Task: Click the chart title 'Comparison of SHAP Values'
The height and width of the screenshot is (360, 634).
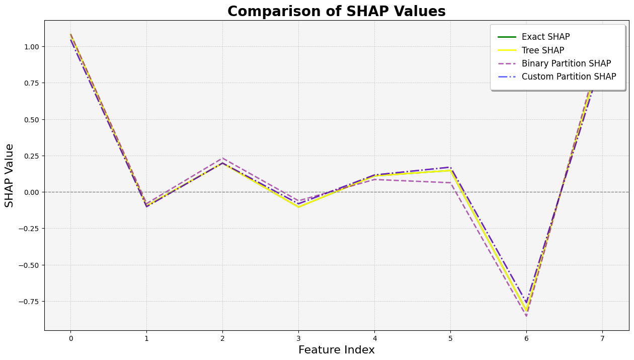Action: tap(336, 11)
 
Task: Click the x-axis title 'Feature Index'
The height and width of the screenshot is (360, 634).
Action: tap(336, 350)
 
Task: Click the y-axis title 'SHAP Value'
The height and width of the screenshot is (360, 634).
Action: tap(10, 175)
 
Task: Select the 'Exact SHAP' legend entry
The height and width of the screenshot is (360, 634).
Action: tap(545, 37)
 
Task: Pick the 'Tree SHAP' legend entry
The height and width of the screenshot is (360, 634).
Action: tap(542, 50)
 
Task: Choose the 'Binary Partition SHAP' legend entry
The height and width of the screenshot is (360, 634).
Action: tap(566, 63)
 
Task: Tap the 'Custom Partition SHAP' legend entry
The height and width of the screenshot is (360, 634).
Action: tap(569, 77)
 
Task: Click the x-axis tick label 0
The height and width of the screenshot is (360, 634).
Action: tap(70, 338)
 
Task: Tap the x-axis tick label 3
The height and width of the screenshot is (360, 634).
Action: tap(298, 338)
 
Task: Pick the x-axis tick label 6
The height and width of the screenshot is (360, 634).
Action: tap(526, 338)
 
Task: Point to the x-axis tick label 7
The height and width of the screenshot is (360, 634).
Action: tap(602, 338)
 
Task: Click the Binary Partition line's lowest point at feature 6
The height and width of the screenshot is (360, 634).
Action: tap(526, 316)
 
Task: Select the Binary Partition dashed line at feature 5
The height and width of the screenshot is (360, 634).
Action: tap(450, 183)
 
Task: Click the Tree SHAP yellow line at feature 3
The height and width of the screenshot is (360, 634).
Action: tap(298, 207)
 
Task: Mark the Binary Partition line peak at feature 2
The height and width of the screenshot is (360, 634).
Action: tap(222, 158)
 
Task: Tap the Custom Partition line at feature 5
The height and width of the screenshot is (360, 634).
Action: tap(450, 167)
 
